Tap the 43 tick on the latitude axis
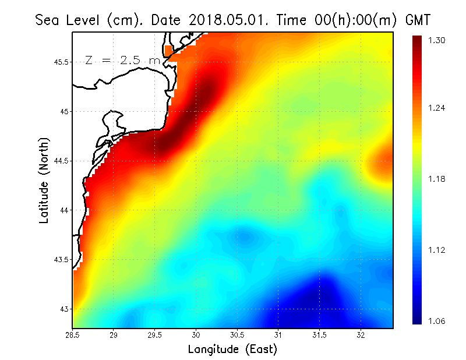click(65, 309)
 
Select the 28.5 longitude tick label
click(72, 335)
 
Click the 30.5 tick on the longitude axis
click(237, 335)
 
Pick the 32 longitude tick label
click(361, 335)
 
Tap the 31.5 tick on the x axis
click(319, 335)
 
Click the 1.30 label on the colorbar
click(437, 40)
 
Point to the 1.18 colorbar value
click(437, 179)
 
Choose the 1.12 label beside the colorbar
click(437, 250)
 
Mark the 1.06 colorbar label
click(437, 321)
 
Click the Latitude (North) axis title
click(44, 181)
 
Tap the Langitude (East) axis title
click(232, 350)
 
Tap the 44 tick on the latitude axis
click(65, 210)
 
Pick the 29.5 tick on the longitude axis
click(155, 335)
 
